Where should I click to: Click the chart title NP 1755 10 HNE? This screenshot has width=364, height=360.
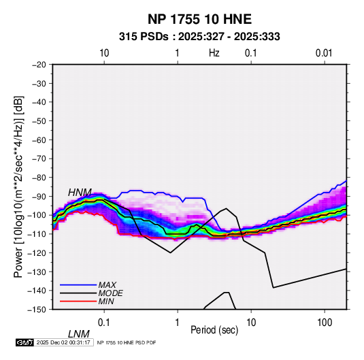tap(199, 19)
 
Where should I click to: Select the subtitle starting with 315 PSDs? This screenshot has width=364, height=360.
tap(199, 37)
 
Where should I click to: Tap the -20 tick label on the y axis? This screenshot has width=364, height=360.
tap(39, 65)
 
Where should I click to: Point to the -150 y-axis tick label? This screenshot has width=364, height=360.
tap(37, 310)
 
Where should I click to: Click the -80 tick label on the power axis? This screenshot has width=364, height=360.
tap(39, 178)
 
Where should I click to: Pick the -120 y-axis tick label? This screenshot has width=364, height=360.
tap(37, 252)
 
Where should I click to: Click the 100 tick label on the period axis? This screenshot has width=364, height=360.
tap(325, 323)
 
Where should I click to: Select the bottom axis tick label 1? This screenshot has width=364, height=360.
tap(178, 323)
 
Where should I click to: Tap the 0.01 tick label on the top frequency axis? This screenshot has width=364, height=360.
tap(324, 53)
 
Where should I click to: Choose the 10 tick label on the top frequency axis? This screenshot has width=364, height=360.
tap(104, 53)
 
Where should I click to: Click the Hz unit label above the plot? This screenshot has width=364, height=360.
tap(214, 53)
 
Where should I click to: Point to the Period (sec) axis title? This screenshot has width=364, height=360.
tap(214, 330)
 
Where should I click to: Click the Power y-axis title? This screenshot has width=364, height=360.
tap(18, 186)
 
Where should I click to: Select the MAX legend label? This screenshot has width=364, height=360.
tap(107, 285)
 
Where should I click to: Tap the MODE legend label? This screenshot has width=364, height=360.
tap(110, 293)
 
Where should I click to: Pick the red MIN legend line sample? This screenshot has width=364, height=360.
tap(78, 301)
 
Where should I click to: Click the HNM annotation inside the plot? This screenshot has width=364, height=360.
tap(80, 193)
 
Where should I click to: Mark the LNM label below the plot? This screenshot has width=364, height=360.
tap(79, 334)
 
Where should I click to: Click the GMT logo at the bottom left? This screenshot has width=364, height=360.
tap(25, 342)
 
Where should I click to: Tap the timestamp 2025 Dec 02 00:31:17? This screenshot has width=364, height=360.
tap(63, 342)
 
